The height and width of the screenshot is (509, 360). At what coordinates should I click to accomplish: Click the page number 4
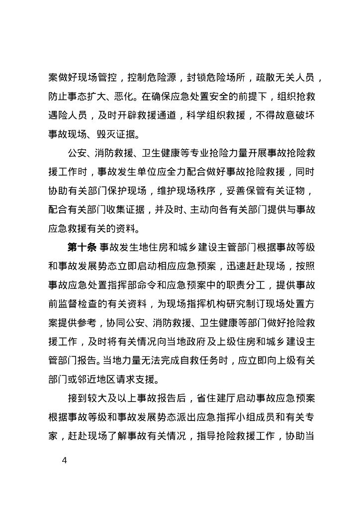[x=64, y=460]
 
